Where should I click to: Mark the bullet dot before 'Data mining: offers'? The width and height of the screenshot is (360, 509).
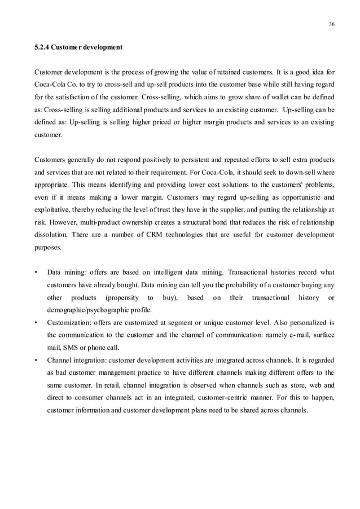coord(37,273)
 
